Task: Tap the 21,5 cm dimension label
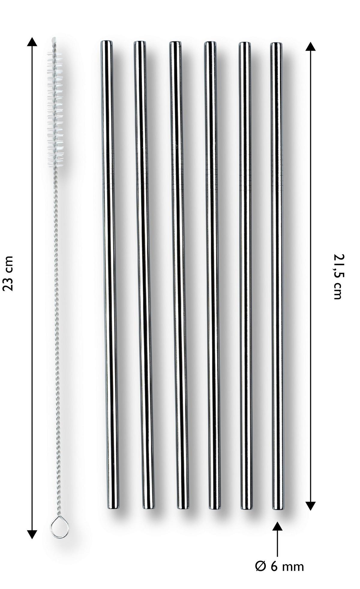[337, 276]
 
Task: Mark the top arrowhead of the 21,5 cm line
[310, 46]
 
